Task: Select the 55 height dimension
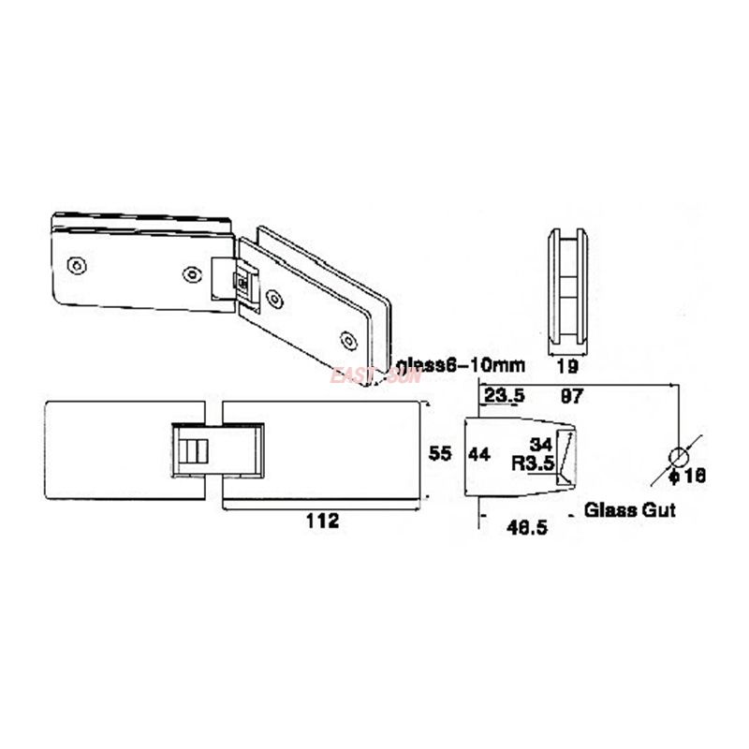coord(440,454)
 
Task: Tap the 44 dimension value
coord(479,454)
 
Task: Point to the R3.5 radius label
coord(534,463)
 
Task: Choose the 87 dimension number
coord(571,397)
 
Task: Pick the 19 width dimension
coord(566,366)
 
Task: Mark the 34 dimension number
coord(541,444)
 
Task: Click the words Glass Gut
coord(629,511)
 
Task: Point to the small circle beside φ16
coord(678,457)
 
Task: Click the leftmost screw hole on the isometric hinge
coord(78,266)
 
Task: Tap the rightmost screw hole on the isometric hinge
coord(349,340)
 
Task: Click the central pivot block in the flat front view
coord(216,450)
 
